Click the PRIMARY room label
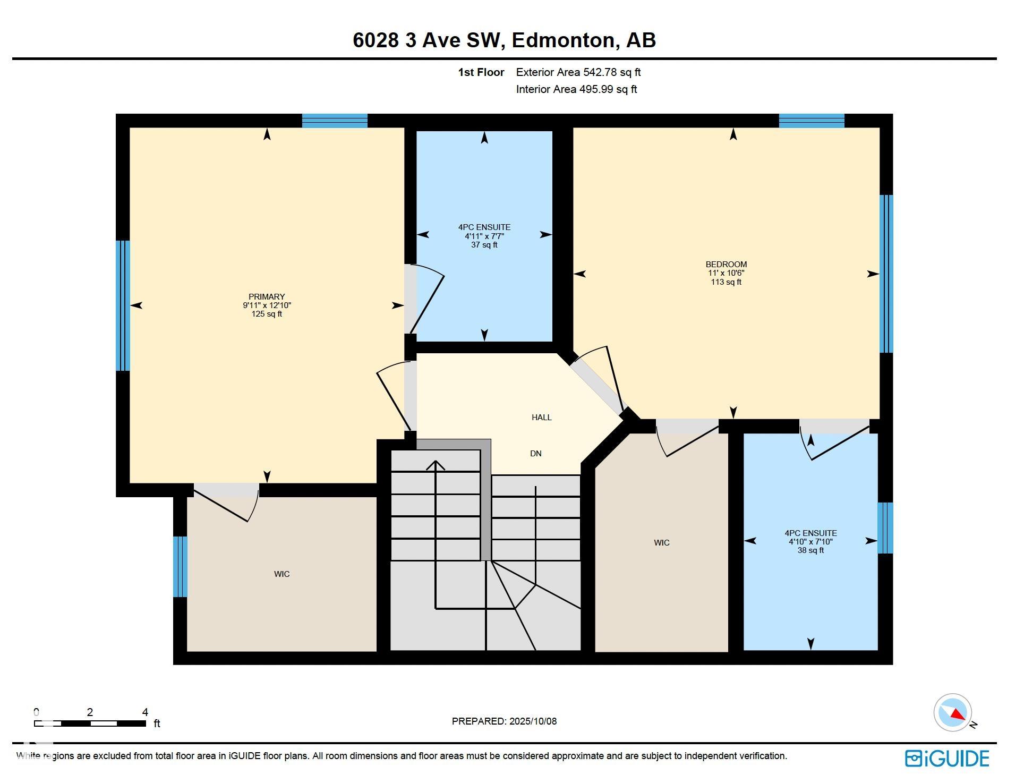(267, 296)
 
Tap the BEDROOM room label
(726, 264)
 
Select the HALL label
(542, 418)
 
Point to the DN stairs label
(536, 454)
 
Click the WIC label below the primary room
(282, 574)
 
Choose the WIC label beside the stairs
(662, 543)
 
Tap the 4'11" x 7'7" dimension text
(484, 236)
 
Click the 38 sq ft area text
(810, 550)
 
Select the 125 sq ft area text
(267, 314)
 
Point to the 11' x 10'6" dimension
(726, 273)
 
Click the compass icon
(953, 712)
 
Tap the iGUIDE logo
(947, 759)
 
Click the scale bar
(90, 724)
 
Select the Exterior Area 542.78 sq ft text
(578, 72)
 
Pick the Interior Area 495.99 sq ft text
(576, 89)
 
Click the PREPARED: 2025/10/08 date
(504, 721)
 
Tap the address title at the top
(504, 40)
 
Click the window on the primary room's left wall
(123, 305)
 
